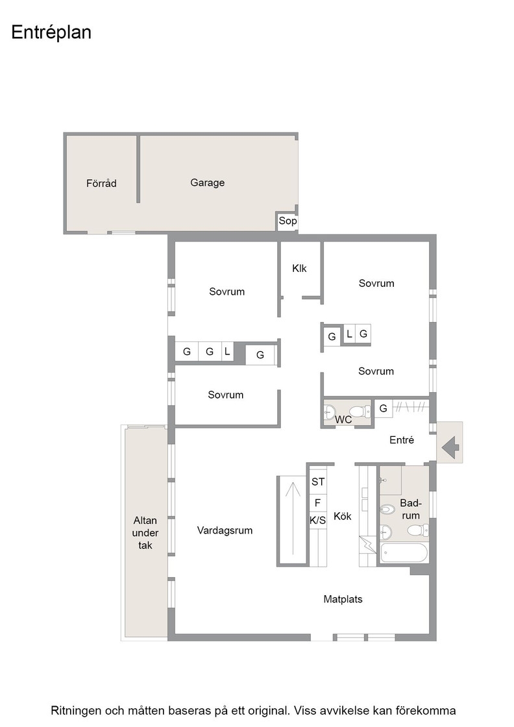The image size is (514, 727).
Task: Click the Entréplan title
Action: [51, 33]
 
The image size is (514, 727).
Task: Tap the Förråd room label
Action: [101, 183]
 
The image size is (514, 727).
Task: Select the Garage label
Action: [207, 182]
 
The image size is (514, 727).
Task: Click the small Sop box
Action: [288, 221]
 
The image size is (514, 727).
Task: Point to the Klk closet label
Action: [299, 269]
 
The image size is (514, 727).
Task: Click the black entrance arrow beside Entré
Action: [450, 448]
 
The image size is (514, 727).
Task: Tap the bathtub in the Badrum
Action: [404, 552]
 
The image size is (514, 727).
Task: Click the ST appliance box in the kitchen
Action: [318, 482]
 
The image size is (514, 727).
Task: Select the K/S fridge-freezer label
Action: [317, 521]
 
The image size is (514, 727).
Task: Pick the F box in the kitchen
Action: [318, 502]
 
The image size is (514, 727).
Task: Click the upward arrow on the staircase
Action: [293, 518]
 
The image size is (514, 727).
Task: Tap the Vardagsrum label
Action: [225, 530]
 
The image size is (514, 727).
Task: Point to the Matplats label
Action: [343, 599]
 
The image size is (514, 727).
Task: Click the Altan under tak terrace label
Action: [145, 533]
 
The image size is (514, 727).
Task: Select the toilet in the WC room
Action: [360, 412]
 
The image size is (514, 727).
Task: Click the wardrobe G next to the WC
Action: [384, 408]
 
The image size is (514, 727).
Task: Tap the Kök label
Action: [343, 516]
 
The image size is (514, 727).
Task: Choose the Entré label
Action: [402, 440]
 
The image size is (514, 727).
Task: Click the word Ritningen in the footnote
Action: [77, 711]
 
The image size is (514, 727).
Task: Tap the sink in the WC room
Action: [330, 412]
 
